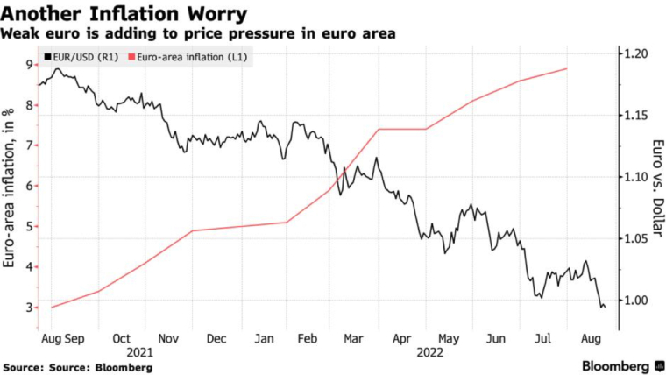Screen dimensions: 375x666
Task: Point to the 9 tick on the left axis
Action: tap(30, 65)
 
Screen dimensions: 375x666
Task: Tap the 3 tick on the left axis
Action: tap(30, 308)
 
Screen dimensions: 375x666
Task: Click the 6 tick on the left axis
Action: tap(30, 186)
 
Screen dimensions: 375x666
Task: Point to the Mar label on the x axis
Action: tap(354, 337)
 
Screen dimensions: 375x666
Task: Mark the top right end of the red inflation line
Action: tap(568, 68)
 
